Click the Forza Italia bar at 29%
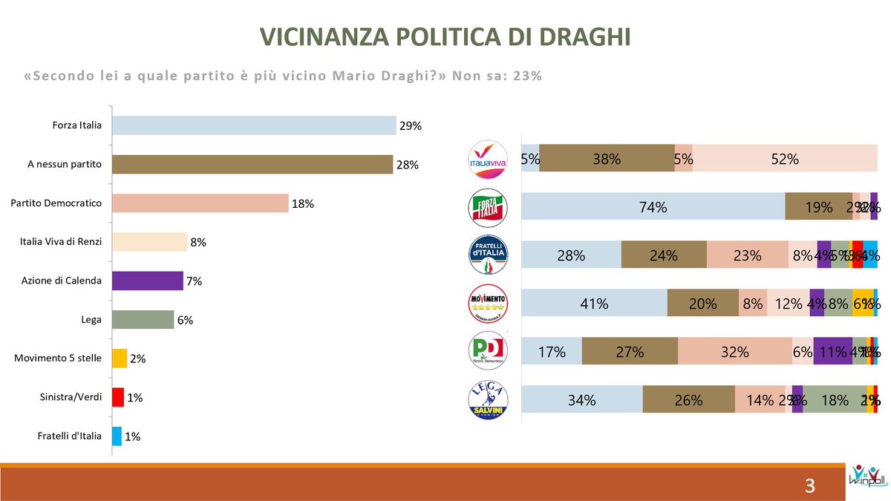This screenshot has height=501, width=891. point(253,125)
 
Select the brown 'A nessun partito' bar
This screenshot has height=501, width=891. point(252,164)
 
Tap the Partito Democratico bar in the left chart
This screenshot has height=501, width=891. point(200,203)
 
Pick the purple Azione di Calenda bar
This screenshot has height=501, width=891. point(147,281)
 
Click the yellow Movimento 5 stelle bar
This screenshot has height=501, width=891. point(120,358)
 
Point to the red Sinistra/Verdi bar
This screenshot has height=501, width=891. point(117,397)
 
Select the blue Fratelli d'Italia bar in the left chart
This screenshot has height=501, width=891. point(117,436)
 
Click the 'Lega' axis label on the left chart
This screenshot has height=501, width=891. point(91,319)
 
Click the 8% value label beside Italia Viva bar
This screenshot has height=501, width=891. point(198,242)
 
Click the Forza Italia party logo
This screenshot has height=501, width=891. point(486,207)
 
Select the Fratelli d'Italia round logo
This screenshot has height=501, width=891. point(486,255)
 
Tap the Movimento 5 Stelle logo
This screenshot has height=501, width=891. point(486,303)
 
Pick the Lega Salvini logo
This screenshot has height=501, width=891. point(486,399)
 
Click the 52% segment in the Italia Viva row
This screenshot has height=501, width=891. point(784,159)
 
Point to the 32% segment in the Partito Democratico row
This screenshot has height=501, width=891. point(734,352)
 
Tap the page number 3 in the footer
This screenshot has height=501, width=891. point(810,487)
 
